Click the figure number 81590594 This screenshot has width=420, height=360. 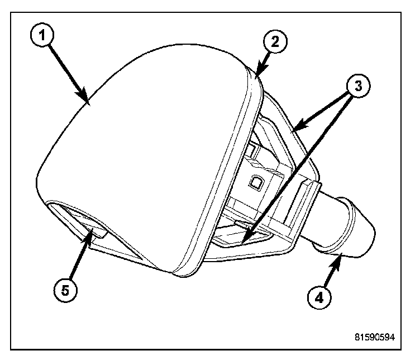click(374, 338)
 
